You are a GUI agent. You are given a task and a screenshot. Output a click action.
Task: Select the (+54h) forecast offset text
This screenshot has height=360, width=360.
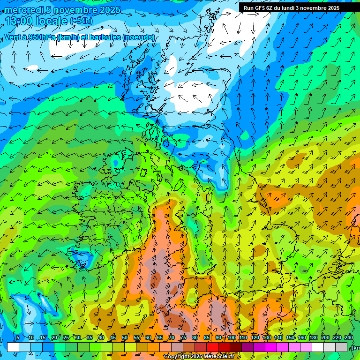pos(81,21)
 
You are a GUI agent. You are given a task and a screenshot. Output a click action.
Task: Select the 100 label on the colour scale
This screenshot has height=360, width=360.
pos(232,338)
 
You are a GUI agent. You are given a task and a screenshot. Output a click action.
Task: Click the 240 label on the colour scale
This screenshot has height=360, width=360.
pos(348,338)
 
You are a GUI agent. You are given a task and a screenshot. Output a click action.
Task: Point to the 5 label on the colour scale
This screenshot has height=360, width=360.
pos(18,338)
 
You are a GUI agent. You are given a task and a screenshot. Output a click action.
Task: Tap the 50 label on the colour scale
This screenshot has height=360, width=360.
pos(125,338)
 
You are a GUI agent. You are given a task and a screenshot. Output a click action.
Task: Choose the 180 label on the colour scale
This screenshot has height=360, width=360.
pos(313,338)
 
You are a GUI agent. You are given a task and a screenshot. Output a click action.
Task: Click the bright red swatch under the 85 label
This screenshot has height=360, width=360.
pos(212,347)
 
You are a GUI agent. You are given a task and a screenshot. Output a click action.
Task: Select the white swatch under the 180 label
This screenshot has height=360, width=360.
pos(318,347)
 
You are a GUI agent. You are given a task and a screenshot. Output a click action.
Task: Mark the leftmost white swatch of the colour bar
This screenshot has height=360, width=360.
pos(13,347)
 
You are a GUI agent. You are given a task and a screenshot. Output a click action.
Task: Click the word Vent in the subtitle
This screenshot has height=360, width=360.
pos(14,37)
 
